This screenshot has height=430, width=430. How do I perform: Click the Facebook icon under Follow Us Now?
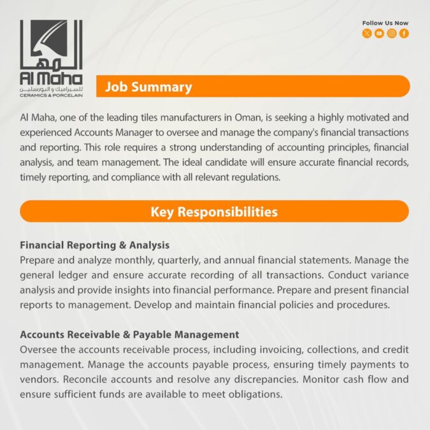coord(404,34)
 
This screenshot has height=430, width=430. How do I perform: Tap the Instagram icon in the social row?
coord(392,34)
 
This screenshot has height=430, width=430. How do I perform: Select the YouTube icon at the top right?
coord(379,34)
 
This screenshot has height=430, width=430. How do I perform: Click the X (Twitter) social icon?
coord(367,34)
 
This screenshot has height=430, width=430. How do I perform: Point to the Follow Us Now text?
coord(385,23)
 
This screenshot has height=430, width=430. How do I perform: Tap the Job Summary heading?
coord(148,87)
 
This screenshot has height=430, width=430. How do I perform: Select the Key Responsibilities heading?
coord(214,211)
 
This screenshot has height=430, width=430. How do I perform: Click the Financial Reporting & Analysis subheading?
coord(95,245)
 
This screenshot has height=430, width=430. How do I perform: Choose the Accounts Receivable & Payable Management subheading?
coord(129,334)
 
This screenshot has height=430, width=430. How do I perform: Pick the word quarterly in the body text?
coord(178,261)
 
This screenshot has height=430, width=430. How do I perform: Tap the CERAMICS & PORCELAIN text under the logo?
coord(51,96)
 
